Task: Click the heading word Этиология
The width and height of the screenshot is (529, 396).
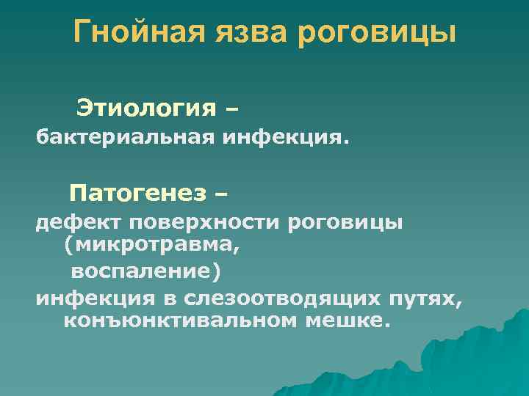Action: [145, 109]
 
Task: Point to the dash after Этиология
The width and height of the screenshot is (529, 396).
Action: [233, 110]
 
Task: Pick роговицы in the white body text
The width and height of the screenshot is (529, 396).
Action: [345, 221]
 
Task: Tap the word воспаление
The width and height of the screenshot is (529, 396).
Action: [144, 272]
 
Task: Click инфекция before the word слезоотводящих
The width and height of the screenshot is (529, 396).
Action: [93, 298]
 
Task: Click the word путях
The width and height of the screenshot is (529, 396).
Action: [430, 298]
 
